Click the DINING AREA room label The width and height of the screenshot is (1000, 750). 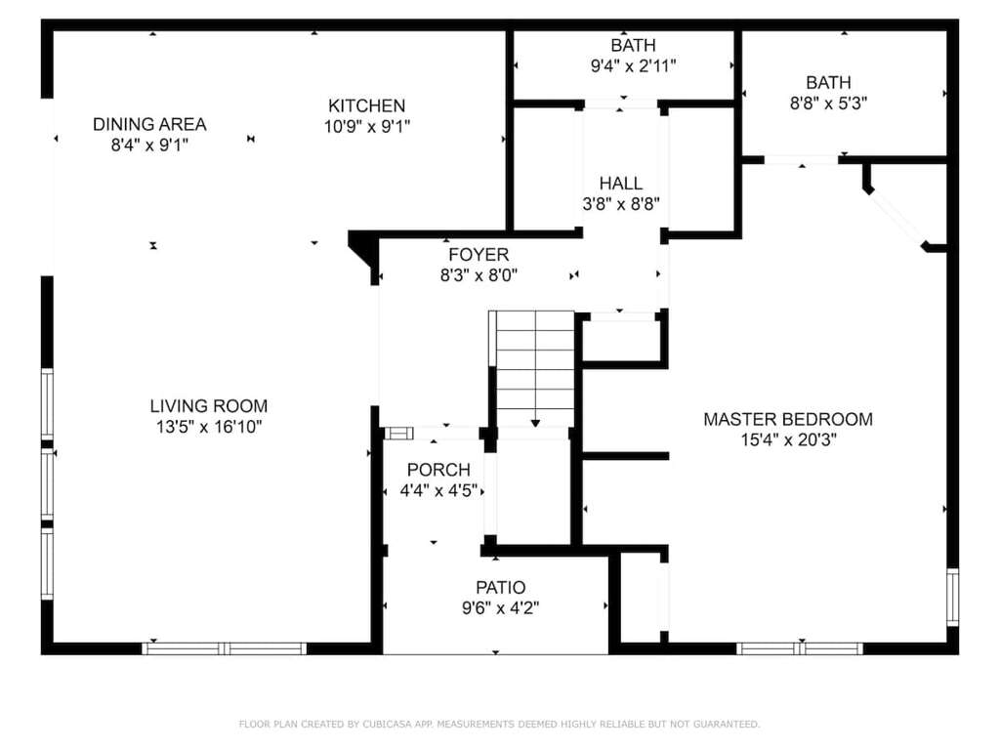click(x=149, y=124)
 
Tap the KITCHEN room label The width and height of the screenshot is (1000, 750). click(x=367, y=105)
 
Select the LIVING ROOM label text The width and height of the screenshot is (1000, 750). click(x=209, y=405)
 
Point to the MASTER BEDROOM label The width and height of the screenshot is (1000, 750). click(x=788, y=419)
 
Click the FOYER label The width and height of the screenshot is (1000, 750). click(x=479, y=255)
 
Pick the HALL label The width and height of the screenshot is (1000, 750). click(x=620, y=183)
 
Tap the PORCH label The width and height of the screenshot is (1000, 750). click(x=438, y=470)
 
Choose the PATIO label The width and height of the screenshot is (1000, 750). click(x=501, y=587)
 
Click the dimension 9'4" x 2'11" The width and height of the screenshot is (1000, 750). click(x=633, y=65)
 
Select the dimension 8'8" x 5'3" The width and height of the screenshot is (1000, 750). click(x=828, y=103)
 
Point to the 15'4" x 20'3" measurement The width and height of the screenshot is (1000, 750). click(x=788, y=439)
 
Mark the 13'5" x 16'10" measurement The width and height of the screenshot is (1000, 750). click(x=209, y=426)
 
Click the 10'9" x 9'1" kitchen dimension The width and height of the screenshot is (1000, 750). click(x=367, y=126)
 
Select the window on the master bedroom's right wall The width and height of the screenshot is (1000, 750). click(x=952, y=597)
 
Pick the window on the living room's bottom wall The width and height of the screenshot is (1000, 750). click(x=224, y=648)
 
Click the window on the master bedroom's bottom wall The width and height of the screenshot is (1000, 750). click(x=800, y=648)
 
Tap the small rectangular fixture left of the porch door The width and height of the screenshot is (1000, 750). click(x=398, y=434)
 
